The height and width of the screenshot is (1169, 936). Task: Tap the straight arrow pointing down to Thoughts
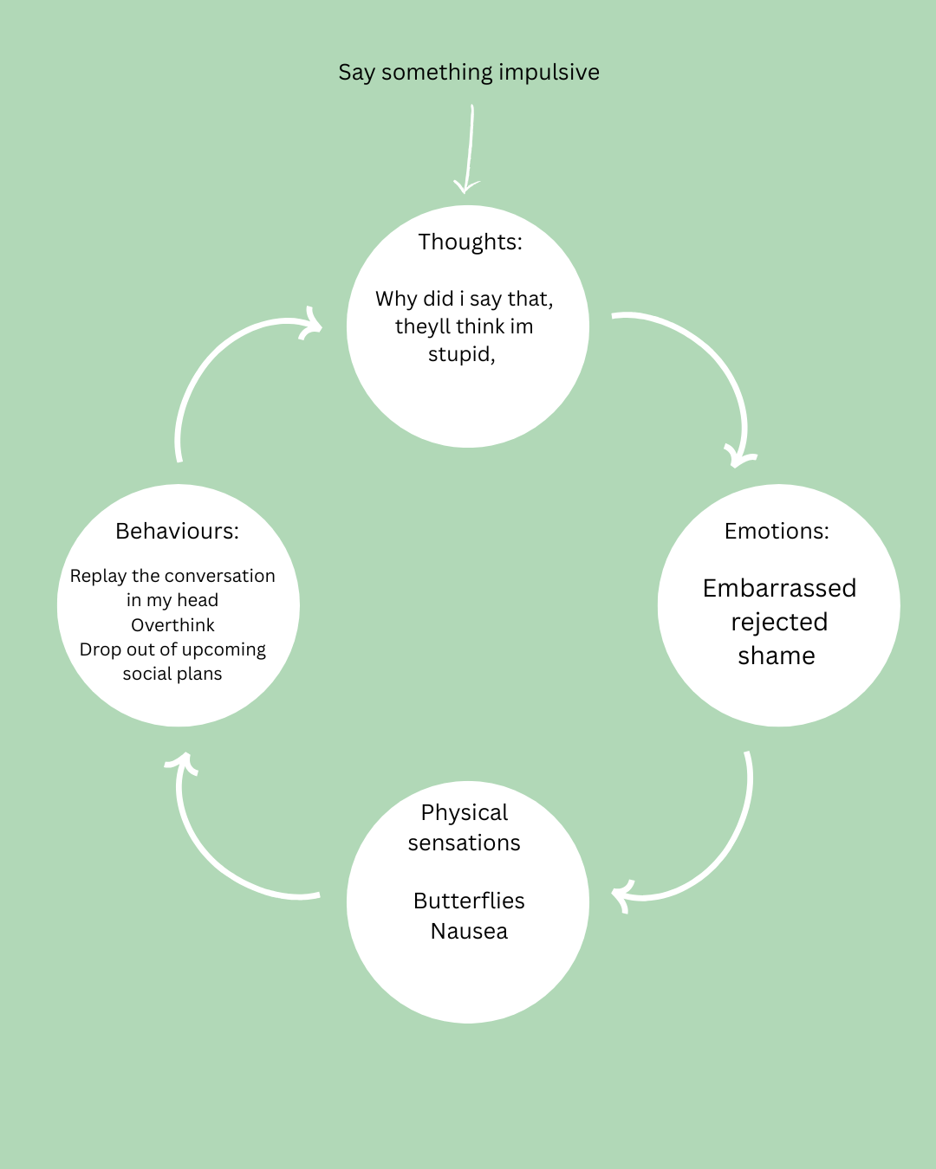(470, 147)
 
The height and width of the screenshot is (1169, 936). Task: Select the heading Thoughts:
(470, 242)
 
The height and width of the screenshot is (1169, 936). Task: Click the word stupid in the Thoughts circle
(460, 354)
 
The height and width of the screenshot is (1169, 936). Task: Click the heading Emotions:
(777, 531)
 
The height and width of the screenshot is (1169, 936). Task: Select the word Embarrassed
(779, 588)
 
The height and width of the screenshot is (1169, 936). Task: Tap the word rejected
(779, 622)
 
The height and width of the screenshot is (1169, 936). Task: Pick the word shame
(777, 656)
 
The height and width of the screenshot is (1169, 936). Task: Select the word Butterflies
(469, 901)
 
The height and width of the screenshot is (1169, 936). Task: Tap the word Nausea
(469, 931)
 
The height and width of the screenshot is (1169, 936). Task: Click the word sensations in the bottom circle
(464, 843)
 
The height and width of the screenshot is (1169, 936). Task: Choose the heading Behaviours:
(177, 531)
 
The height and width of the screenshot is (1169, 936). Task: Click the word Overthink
(172, 625)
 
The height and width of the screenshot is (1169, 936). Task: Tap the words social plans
(172, 674)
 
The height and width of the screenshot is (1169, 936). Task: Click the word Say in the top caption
(356, 72)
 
